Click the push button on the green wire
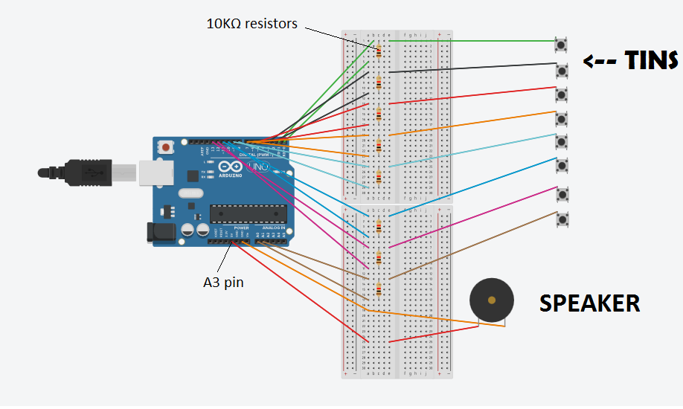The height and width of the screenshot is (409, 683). (562, 45)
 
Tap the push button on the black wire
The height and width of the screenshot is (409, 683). (562, 70)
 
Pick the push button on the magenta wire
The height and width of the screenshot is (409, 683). (562, 194)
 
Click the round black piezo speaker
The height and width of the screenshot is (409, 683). (491, 300)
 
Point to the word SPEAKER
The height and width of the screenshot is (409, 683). (589, 303)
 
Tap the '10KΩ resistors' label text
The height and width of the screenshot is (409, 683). (251, 24)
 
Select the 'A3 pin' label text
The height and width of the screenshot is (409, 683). (223, 282)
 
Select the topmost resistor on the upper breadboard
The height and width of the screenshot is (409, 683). (379, 51)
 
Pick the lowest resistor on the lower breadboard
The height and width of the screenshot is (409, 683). (379, 288)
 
